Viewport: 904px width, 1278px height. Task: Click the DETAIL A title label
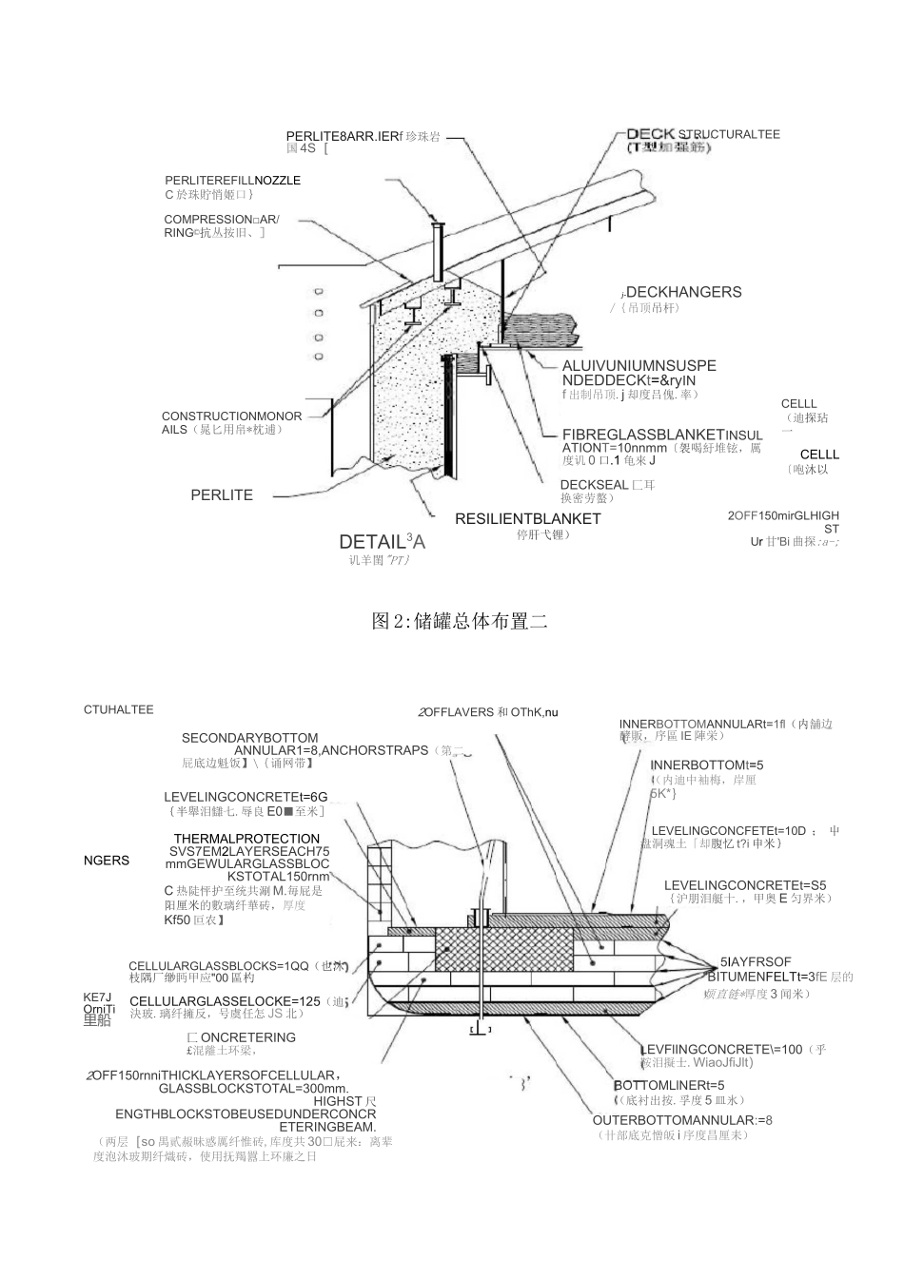point(382,542)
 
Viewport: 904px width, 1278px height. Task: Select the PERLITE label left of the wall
point(222,495)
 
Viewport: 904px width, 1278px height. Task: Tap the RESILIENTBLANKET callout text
point(527,519)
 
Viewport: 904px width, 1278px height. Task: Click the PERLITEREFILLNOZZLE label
point(232,180)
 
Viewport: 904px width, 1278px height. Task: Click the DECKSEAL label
point(595,484)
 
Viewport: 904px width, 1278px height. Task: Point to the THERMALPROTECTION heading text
point(246,839)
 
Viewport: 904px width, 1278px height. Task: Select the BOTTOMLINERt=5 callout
point(669,1085)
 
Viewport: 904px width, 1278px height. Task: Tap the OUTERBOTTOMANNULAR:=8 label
point(682,1119)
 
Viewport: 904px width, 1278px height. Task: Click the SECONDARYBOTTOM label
point(250,738)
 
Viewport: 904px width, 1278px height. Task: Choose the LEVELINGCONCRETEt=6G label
point(246,797)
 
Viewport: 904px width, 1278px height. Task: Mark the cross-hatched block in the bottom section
point(504,949)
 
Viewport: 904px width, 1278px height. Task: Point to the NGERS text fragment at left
point(107,861)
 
